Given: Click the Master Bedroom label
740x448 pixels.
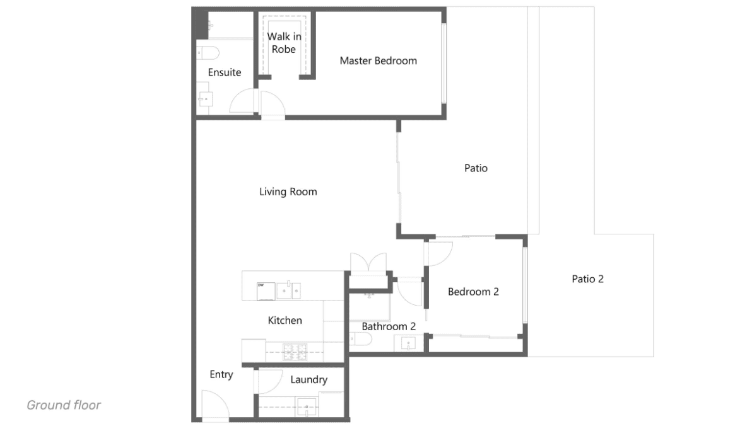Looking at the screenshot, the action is pos(378,61).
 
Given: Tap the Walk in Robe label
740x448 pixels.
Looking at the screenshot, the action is pos(284,43).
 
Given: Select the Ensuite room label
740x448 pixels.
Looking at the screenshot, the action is pos(225,72).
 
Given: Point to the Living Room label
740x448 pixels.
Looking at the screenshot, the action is pos(288,192).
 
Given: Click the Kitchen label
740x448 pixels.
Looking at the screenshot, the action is pos(285,321).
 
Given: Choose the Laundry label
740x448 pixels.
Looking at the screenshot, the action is pos(308,380).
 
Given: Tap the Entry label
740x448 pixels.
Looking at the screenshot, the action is pos(221,374).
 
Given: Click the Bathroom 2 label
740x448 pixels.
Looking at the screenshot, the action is pos(389,326).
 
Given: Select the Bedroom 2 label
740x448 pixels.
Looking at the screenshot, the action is pos(473,292).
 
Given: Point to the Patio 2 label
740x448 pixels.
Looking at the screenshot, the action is pos(587,279).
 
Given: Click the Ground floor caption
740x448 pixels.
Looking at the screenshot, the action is pos(64,405).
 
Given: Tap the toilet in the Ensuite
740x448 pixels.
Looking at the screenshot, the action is pos(208,53).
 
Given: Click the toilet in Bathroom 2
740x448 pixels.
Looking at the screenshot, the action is pos(360,339).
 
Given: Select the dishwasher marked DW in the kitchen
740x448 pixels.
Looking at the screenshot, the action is pos(266,291).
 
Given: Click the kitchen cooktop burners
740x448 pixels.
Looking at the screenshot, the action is pos(295,352).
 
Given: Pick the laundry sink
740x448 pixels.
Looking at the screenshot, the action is pos(307,406).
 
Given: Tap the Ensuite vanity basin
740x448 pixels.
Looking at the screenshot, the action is pos(205,99).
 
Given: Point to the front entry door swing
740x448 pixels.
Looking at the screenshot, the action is pos(215,404).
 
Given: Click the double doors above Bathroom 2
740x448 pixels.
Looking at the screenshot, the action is pos(368,262).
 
